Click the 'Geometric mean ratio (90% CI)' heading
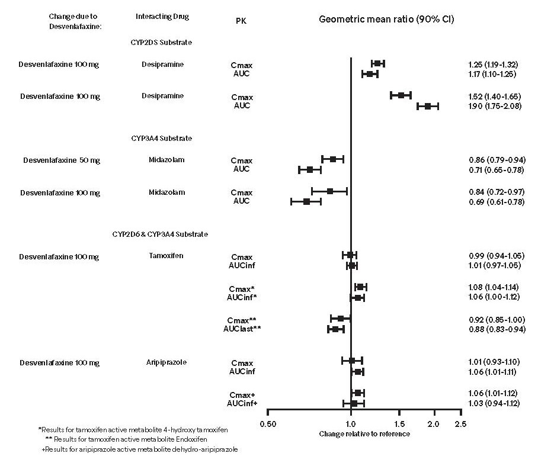387,19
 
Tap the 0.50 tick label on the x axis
268,423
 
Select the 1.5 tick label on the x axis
400,423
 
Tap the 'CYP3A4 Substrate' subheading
161,139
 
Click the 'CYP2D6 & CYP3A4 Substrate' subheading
160,234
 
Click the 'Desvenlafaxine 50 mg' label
61,160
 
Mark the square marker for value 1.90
427,106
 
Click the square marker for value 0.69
306,201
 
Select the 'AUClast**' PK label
241,329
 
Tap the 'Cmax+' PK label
242,394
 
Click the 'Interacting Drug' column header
162,17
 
